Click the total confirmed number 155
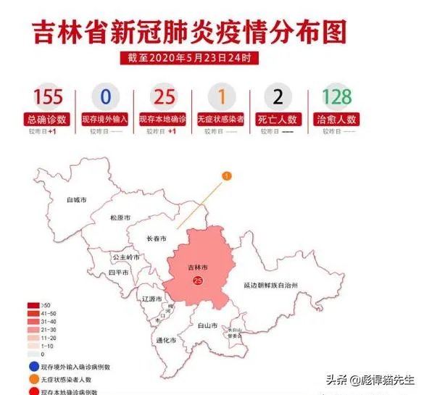47,97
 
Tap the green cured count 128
337,97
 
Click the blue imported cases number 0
106,97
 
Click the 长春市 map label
157,238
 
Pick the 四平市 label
118,273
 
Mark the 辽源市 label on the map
154,299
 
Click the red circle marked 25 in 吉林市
198,281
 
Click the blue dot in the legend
33,367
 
